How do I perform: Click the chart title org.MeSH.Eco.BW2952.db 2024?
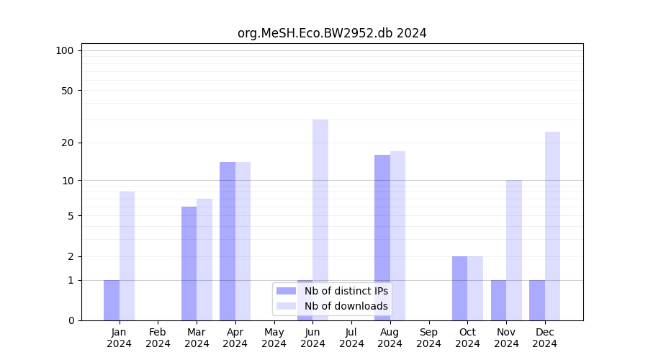pyautogui.click(x=332, y=33)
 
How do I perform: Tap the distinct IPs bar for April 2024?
pyautogui.click(x=228, y=241)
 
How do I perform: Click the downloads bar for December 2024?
pyautogui.click(x=552, y=226)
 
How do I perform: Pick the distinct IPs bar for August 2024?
pyautogui.click(x=382, y=238)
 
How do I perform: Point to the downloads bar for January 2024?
pyautogui.click(x=127, y=256)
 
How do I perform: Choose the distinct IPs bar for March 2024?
pyautogui.click(x=189, y=264)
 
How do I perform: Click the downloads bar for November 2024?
pyautogui.click(x=514, y=250)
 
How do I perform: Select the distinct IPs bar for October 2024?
pyautogui.click(x=459, y=288)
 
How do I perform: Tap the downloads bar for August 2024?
pyautogui.click(x=397, y=235)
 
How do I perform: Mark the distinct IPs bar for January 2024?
pyautogui.click(x=112, y=300)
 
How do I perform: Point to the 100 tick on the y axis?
pyautogui.click(x=65, y=50)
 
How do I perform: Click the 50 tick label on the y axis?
pyautogui.click(x=67, y=91)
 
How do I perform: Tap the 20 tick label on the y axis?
pyautogui.click(x=67, y=143)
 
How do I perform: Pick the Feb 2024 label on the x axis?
pyautogui.click(x=158, y=338)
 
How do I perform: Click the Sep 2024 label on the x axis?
pyautogui.click(x=428, y=338)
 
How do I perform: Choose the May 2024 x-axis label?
pyautogui.click(x=274, y=338)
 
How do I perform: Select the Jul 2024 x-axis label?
pyautogui.click(x=351, y=338)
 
